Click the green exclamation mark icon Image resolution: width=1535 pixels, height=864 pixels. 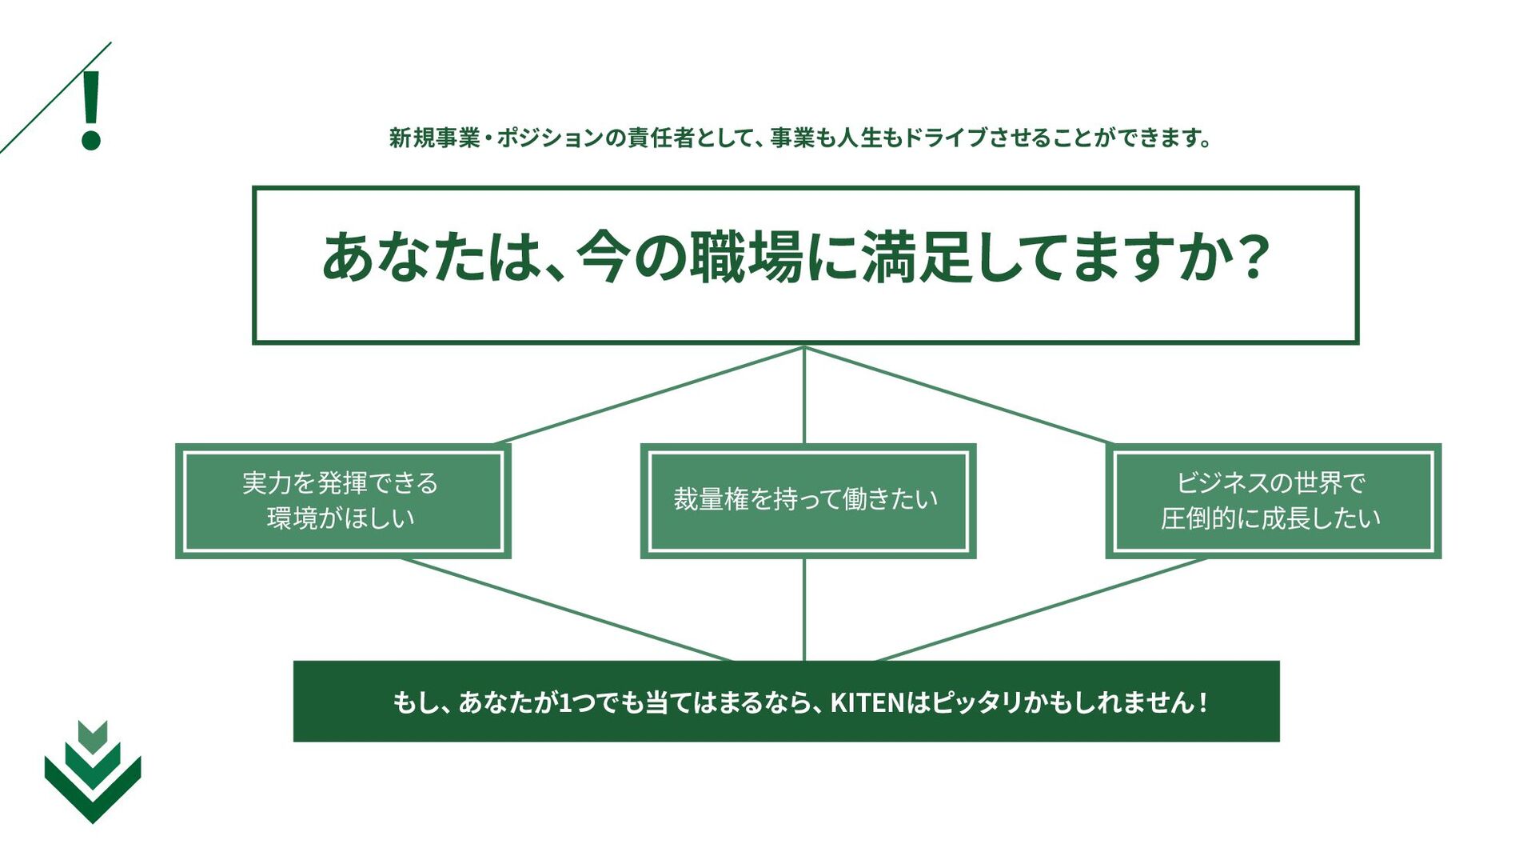click(91, 110)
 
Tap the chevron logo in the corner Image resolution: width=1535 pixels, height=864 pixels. click(93, 773)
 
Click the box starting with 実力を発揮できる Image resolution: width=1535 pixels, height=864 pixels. click(342, 501)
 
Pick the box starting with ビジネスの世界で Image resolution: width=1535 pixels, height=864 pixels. click(1273, 501)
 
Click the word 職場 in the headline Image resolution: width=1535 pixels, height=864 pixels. click(745, 258)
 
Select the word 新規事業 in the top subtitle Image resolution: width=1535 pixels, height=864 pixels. click(433, 138)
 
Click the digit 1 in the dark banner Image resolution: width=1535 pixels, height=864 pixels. click(564, 702)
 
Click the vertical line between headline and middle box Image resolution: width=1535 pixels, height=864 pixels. click(804, 395)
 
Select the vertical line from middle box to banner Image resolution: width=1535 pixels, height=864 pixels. click(804, 610)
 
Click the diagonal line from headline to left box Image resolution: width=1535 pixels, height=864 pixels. click(649, 395)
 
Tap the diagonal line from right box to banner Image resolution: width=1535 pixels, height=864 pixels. click(1039, 610)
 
